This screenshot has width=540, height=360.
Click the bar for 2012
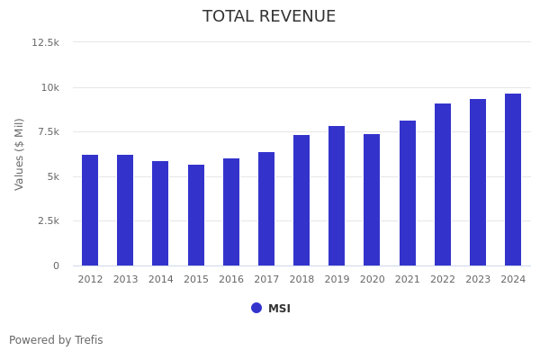(x=90, y=210)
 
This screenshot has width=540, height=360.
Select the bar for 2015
(x=196, y=215)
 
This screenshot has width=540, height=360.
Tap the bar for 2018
(x=301, y=200)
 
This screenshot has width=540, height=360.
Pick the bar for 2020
(x=372, y=200)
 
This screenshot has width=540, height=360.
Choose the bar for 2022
(x=443, y=184)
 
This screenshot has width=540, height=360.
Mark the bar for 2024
(x=513, y=179)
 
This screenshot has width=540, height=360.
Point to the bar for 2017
(x=266, y=209)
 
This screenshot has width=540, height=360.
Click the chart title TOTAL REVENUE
(x=269, y=17)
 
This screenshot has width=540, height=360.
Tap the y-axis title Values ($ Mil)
(x=20, y=154)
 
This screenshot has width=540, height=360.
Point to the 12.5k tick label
(x=45, y=42)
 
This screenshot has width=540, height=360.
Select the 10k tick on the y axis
(x=49, y=87)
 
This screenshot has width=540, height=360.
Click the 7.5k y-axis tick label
(x=48, y=131)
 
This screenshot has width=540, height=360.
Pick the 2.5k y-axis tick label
(x=48, y=220)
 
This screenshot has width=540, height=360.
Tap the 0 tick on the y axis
(x=56, y=265)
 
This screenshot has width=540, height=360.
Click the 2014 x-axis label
(x=160, y=280)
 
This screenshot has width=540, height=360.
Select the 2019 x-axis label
(x=337, y=280)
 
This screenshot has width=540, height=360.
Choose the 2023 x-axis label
(x=478, y=280)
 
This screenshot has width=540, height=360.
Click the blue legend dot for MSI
(x=256, y=308)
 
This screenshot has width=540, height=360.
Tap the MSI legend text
(x=279, y=309)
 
